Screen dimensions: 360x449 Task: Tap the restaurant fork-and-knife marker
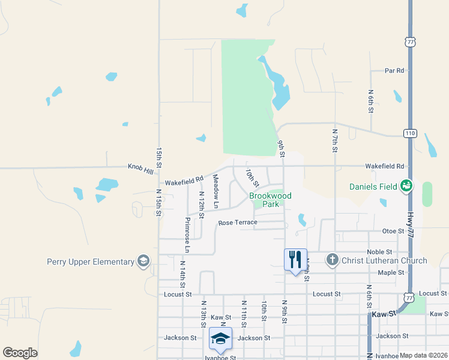pos(295,260)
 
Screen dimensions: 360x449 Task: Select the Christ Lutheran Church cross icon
pos(333,260)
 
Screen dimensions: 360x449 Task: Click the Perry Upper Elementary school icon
pos(143,261)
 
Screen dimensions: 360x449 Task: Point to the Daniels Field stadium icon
pos(408,187)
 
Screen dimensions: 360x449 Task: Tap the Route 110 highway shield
pos(410,133)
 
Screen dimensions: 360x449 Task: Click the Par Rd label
pos(394,71)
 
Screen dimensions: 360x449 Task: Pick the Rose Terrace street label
pos(238,223)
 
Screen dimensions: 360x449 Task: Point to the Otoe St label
pos(394,231)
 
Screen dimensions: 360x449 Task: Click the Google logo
pos(20,353)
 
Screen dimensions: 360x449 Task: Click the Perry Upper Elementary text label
pos(91,262)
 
